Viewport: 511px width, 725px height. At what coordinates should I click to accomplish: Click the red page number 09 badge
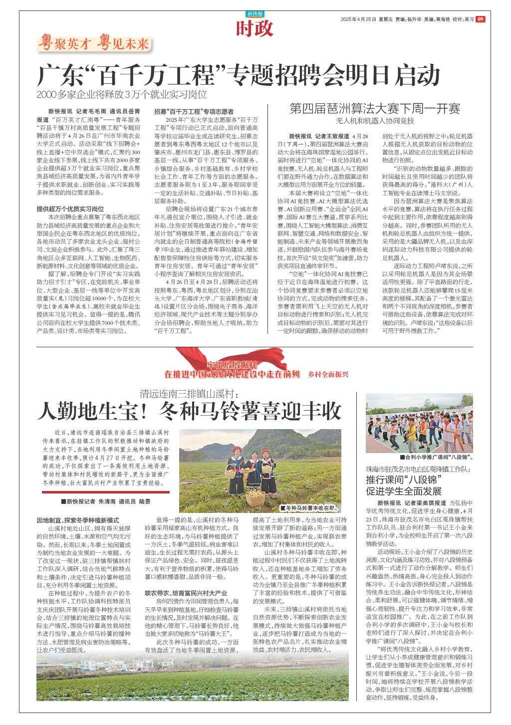[480, 19]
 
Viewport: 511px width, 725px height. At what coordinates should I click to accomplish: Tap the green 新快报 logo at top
[255, 13]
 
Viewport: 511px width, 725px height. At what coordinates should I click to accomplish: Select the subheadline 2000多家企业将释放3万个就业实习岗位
[122, 94]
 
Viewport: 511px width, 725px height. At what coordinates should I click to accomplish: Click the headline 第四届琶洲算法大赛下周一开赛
[375, 109]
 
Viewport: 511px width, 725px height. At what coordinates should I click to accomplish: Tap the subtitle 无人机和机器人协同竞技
[375, 121]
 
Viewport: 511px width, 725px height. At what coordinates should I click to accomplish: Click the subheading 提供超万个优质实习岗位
[70, 209]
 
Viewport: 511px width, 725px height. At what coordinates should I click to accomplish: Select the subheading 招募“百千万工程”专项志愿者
[194, 111]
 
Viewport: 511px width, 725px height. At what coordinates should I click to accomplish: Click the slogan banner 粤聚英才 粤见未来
[94, 44]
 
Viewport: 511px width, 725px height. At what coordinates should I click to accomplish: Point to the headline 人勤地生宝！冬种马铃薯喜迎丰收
[190, 411]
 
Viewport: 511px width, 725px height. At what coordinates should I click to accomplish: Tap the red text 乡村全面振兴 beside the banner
[328, 374]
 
